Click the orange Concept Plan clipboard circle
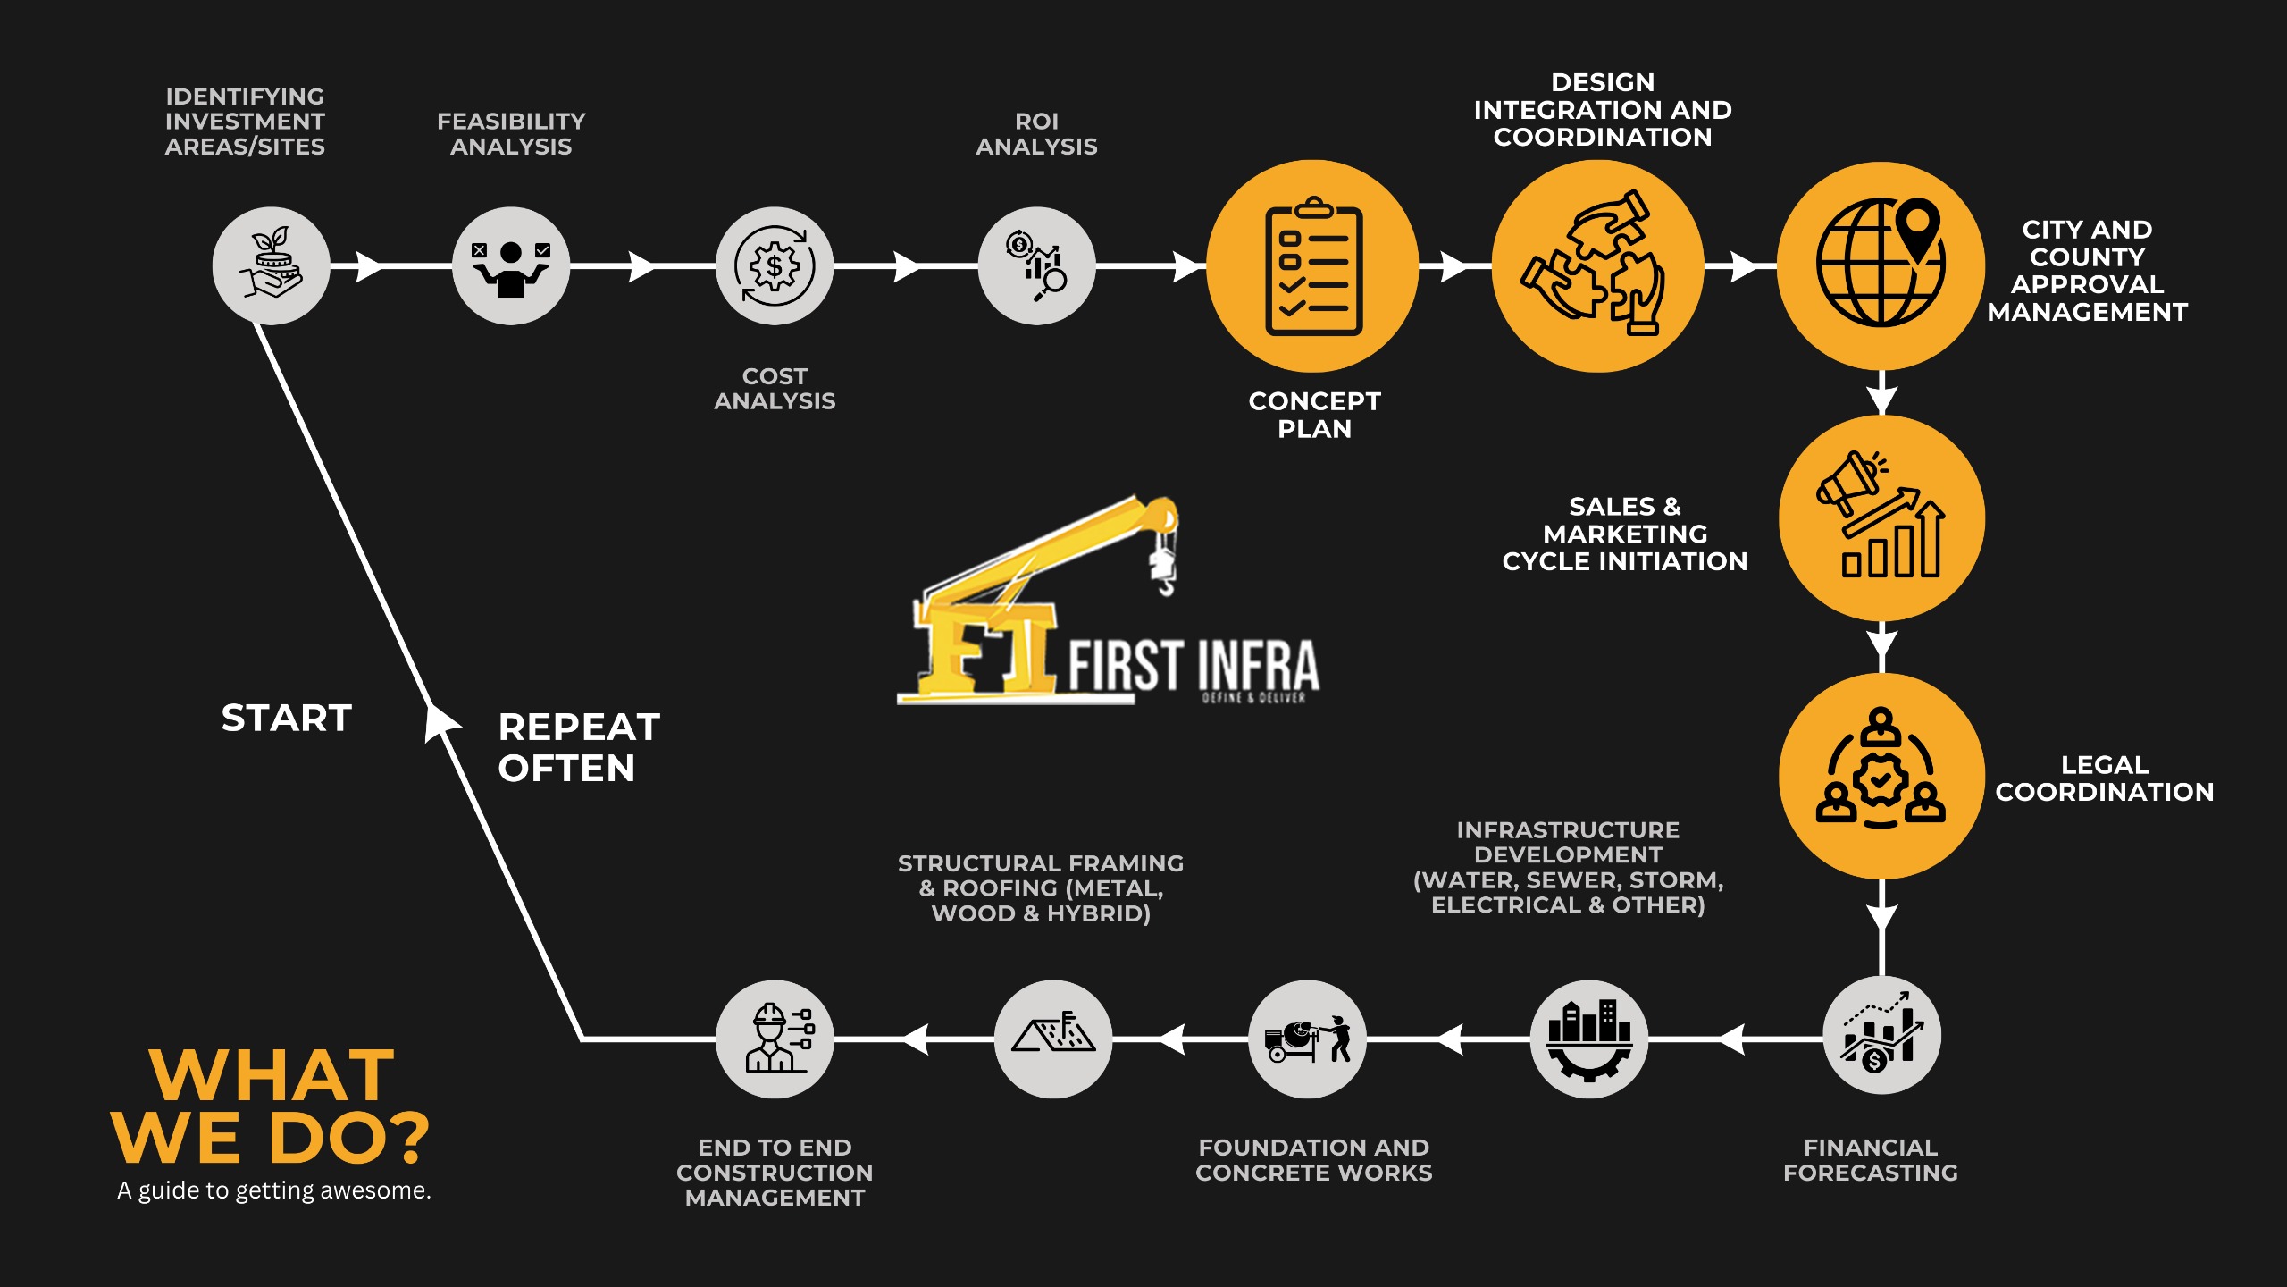(x=1312, y=266)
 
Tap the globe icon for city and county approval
(x=1881, y=265)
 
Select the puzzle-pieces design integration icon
(x=1597, y=266)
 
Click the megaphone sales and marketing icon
(x=1881, y=517)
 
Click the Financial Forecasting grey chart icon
(x=1881, y=1037)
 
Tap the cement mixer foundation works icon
(x=1308, y=1039)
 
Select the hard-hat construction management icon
(x=775, y=1039)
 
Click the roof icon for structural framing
(x=1053, y=1039)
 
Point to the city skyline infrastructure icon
(x=1589, y=1039)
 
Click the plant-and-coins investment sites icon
(x=272, y=265)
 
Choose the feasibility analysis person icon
(x=511, y=265)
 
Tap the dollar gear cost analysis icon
(x=775, y=265)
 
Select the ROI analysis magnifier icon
(x=1037, y=265)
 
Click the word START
(x=287, y=718)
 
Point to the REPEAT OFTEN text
(x=578, y=747)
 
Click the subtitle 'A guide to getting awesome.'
(x=274, y=1190)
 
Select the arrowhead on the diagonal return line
(x=440, y=722)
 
